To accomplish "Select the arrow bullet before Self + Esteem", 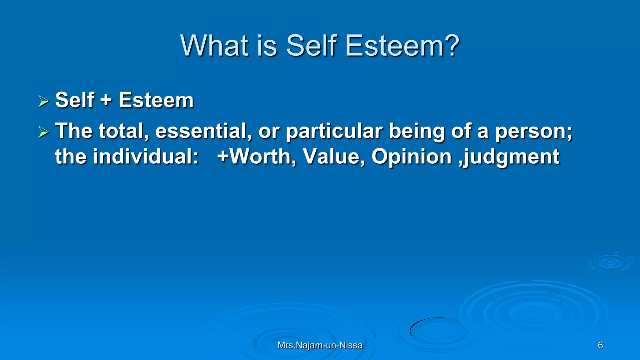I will (x=43, y=101).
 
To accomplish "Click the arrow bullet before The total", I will (x=43, y=132).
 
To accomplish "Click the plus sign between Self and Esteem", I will (x=106, y=100).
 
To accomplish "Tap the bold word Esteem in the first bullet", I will (x=156, y=100).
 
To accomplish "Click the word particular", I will (x=334, y=131).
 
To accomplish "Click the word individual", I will (x=146, y=156).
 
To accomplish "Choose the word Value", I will (x=333, y=156).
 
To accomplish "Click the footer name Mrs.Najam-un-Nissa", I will (x=320, y=345).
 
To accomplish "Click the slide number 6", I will (x=600, y=345).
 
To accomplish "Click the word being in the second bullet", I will (x=416, y=131).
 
